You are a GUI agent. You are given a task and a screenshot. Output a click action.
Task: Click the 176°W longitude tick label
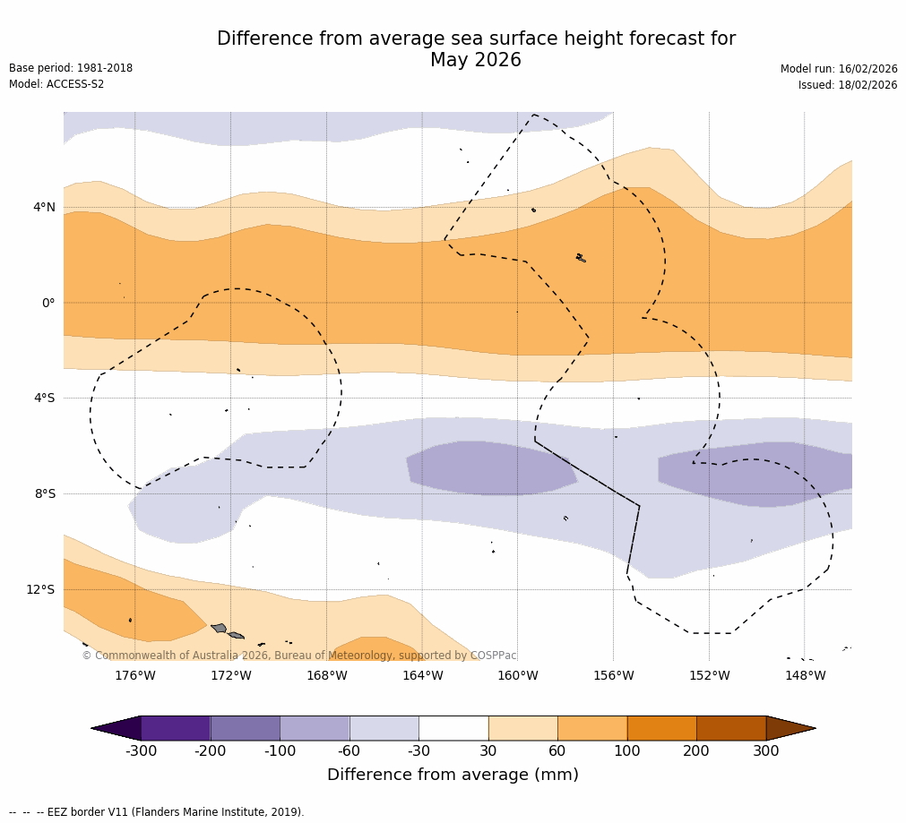(x=134, y=675)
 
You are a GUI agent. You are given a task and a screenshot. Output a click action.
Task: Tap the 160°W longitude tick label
(x=517, y=675)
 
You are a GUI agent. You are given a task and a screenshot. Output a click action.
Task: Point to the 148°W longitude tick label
(x=805, y=675)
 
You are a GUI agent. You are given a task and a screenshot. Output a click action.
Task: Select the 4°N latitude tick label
(x=44, y=208)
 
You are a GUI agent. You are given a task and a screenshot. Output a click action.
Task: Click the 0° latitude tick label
(x=48, y=303)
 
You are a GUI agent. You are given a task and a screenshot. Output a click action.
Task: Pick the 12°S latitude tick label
(x=40, y=589)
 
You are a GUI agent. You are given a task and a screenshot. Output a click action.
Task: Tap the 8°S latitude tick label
(x=44, y=493)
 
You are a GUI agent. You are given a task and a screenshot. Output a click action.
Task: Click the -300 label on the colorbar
(x=141, y=751)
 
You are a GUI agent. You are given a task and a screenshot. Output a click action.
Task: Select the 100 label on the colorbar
(x=626, y=751)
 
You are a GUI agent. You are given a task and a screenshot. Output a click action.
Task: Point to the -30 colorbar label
(x=418, y=751)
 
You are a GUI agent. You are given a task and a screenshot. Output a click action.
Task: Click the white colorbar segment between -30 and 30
(x=453, y=728)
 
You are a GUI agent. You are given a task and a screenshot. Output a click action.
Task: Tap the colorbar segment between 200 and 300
(x=731, y=728)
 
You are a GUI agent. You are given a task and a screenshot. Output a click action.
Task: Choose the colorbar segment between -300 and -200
(x=176, y=728)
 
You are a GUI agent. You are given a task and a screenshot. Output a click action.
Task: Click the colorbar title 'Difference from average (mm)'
(x=453, y=775)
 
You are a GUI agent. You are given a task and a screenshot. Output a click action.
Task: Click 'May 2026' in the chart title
(x=475, y=61)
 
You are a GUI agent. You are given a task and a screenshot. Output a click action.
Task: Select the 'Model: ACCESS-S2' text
(x=56, y=84)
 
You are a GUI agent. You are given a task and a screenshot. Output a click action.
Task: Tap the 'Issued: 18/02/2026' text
(x=847, y=85)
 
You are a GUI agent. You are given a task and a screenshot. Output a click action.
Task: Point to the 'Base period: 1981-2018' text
(x=71, y=68)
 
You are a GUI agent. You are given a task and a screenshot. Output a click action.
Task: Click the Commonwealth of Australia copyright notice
(x=299, y=656)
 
